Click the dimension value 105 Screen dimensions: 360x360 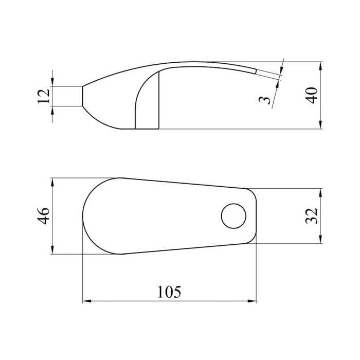[169, 292]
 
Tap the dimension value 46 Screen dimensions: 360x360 [43, 216]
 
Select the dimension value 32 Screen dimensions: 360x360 [312, 216]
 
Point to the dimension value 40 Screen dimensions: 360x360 [312, 96]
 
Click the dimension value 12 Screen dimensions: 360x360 [43, 96]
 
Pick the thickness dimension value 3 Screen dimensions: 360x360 [265, 100]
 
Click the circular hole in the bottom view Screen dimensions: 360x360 [233, 216]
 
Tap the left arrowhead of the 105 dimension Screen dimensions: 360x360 [87, 301]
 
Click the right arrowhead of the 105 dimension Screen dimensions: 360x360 [251, 301]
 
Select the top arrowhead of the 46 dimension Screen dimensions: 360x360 [52, 182]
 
